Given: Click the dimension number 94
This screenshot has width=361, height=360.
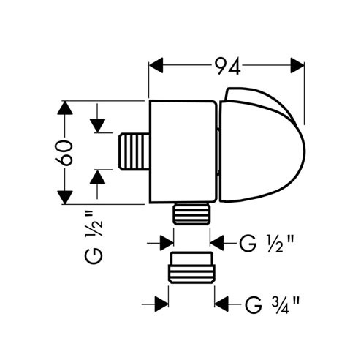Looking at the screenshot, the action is (228, 66).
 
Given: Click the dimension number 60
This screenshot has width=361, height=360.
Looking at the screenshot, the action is (64, 153).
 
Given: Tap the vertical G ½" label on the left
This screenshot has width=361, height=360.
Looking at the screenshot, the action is (94, 237).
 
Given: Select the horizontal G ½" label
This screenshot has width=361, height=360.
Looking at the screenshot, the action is (266, 243).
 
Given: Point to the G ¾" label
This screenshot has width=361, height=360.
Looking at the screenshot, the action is (272, 304).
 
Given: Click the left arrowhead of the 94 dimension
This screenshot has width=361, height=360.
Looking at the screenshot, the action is (156, 65).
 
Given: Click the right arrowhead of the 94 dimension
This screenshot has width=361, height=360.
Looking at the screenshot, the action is (297, 65).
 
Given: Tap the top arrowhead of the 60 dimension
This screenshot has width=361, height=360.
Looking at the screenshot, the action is (65, 108).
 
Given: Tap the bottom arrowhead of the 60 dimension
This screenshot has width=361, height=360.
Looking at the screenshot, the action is (65, 198).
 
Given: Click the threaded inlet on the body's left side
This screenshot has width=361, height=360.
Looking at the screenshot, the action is (134, 151).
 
